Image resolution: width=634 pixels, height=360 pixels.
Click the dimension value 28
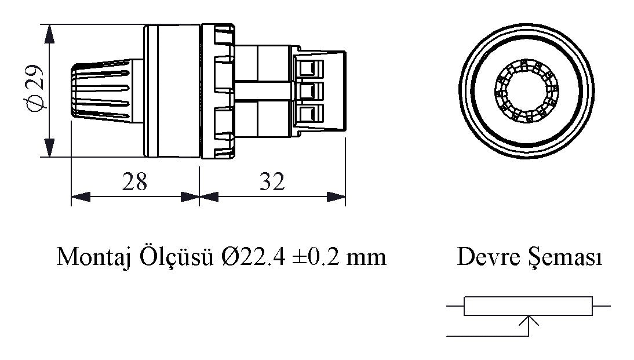pos(134,182)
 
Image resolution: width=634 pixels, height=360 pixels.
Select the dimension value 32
pos(271,182)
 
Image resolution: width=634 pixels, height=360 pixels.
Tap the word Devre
pos(482,256)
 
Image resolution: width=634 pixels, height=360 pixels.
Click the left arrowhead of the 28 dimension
pos(80,198)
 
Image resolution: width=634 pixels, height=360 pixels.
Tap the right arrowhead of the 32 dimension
pos(337,198)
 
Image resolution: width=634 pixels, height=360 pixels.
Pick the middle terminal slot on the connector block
pos(308,90)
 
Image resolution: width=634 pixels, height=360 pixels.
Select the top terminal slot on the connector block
pos(308,68)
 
